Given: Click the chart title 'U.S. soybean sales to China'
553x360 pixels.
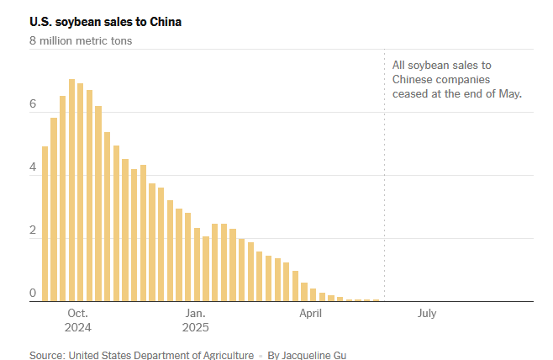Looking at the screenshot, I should (105, 21).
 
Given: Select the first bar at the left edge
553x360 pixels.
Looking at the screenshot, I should (45, 224).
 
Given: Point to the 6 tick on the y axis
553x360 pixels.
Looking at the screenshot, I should (33, 104).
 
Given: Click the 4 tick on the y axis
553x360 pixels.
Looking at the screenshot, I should (33, 167).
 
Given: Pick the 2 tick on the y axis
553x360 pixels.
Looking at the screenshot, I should (33, 230).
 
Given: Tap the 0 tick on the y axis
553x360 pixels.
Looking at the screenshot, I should (33, 294).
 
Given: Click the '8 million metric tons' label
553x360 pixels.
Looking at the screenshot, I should (81, 40).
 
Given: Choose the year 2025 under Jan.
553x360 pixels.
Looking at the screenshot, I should (195, 327).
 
